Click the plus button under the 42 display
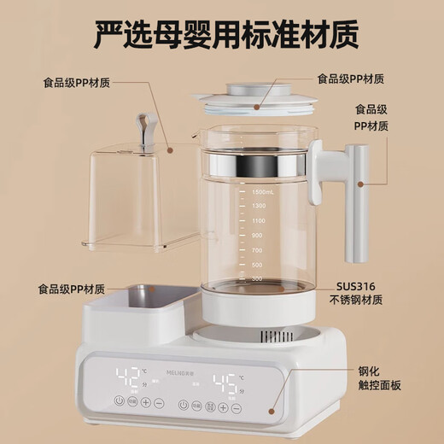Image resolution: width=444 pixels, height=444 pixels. pyautogui.click(x=147, y=402)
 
